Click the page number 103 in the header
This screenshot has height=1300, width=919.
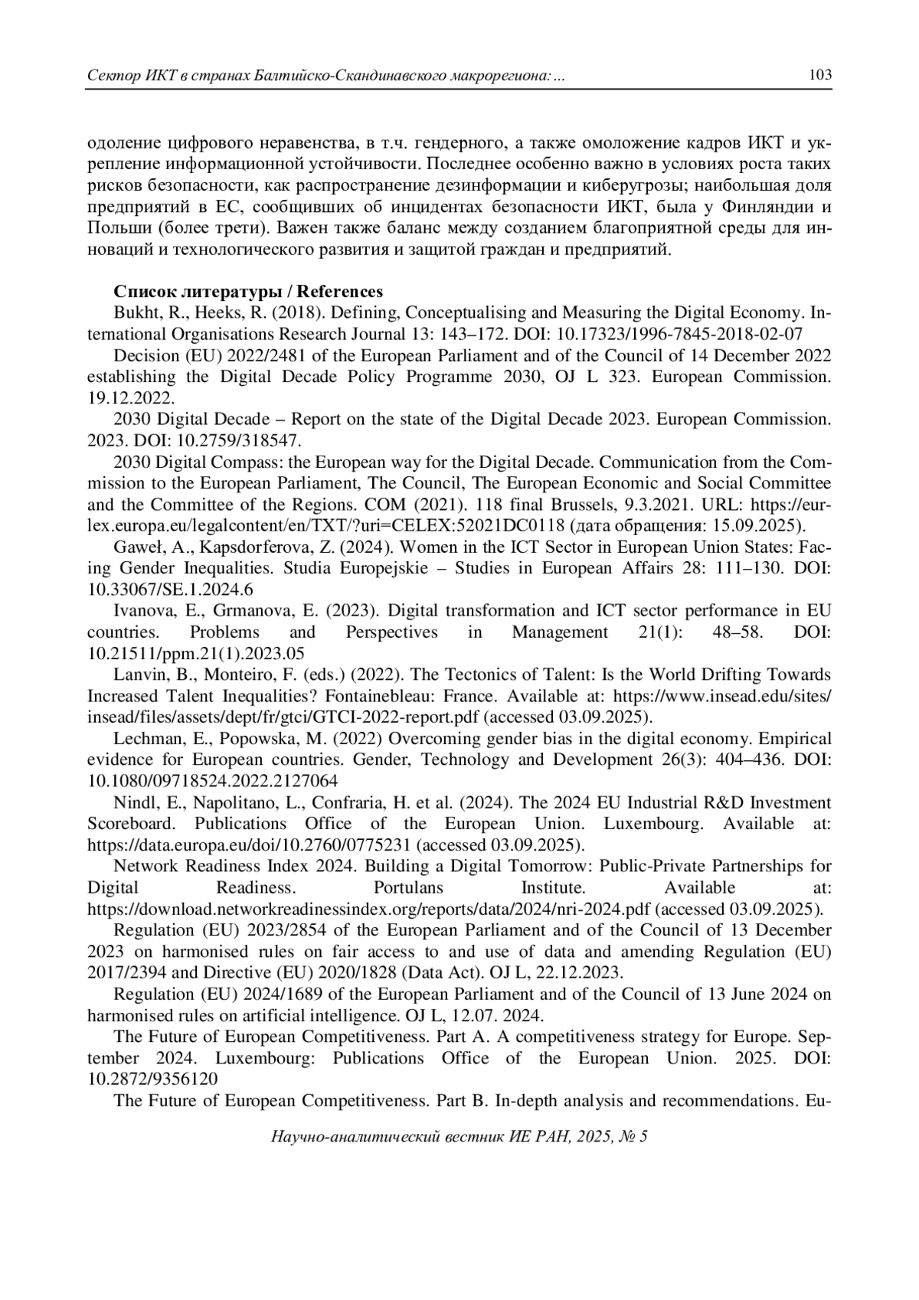819,76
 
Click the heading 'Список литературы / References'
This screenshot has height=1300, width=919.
248,292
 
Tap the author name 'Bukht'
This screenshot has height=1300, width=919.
134,313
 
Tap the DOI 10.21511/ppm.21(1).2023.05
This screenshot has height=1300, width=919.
196,654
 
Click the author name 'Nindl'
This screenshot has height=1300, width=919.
132,802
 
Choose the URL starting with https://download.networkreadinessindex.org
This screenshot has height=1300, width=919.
368,909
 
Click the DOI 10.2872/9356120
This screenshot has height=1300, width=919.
152,1079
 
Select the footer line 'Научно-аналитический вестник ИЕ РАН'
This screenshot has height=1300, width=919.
459,1137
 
